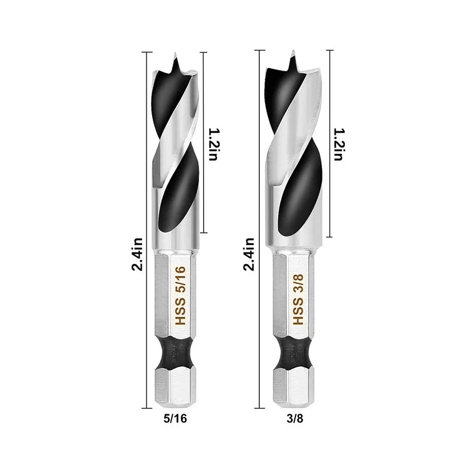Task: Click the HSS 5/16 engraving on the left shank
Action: (x=178, y=295)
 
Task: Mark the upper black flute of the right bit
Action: (x=290, y=95)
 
